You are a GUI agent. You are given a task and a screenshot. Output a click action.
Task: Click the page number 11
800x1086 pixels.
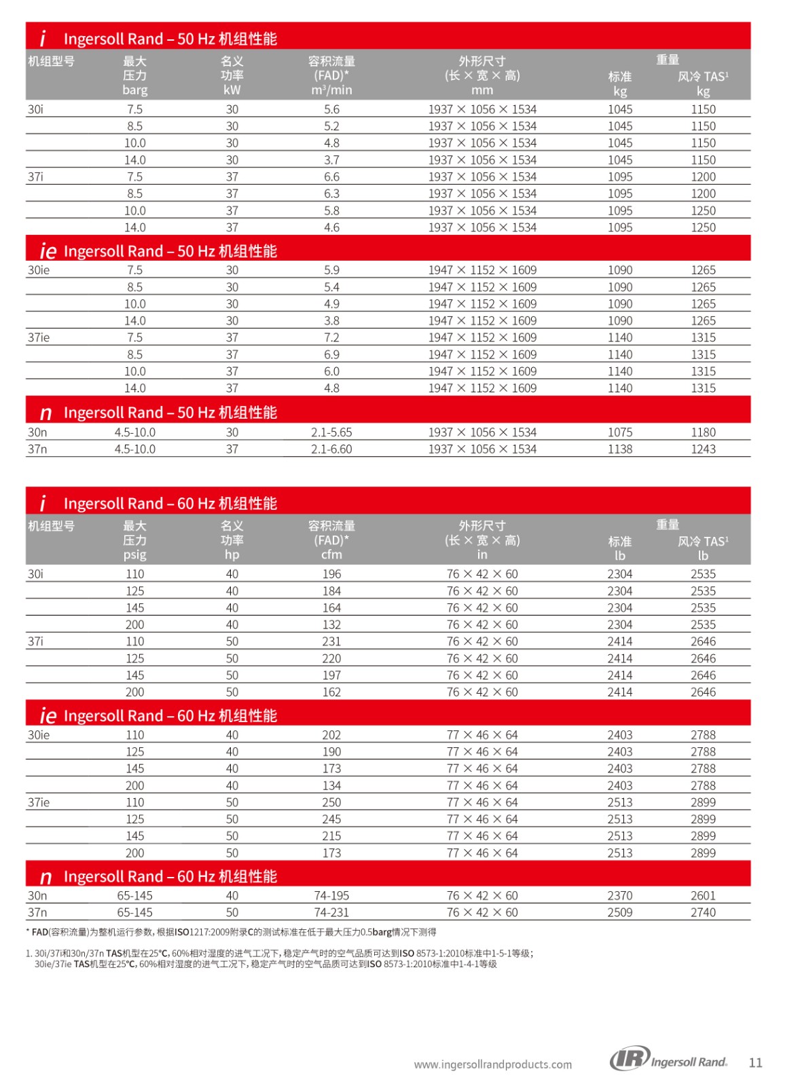(x=755, y=1062)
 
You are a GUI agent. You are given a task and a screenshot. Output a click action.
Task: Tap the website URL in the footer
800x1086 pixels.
(x=492, y=1064)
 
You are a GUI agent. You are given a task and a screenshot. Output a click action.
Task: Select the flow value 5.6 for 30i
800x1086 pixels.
(x=331, y=109)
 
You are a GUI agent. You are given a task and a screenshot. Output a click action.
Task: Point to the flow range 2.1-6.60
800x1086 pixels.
(x=331, y=449)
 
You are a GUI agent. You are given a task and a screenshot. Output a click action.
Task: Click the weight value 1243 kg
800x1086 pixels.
(x=703, y=449)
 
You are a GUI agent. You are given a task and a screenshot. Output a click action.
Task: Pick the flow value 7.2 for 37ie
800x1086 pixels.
(x=331, y=337)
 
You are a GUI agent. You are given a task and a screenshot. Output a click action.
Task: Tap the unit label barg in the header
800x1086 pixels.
(x=134, y=90)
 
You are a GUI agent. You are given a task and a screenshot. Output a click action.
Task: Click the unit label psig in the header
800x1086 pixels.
(x=134, y=555)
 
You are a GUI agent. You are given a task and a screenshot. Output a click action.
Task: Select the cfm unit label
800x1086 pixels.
(x=331, y=555)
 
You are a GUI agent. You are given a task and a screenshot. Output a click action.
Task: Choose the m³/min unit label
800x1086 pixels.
(x=331, y=90)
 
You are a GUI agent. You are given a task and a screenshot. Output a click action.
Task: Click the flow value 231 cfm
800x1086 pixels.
(x=331, y=641)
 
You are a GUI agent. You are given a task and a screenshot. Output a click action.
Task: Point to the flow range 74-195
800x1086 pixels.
(x=331, y=895)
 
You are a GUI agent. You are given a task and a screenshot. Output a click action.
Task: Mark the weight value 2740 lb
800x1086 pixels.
(x=703, y=912)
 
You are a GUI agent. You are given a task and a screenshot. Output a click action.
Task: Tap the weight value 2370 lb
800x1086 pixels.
(x=619, y=895)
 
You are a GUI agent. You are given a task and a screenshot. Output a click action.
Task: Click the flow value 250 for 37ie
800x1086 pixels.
(x=331, y=802)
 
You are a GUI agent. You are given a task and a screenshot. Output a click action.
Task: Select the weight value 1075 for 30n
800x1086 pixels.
(x=619, y=432)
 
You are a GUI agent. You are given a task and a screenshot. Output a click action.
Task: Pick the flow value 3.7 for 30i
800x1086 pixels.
(x=331, y=160)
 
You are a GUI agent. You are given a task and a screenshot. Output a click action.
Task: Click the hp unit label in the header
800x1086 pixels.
(x=232, y=555)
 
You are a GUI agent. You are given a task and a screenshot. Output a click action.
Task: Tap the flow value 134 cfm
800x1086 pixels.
(x=331, y=785)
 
